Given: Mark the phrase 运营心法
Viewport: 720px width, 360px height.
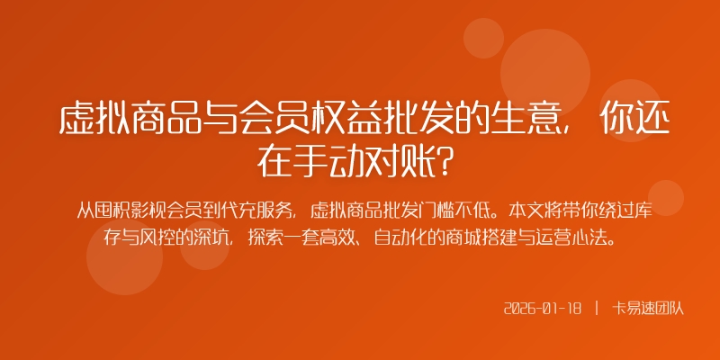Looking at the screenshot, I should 580,239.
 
